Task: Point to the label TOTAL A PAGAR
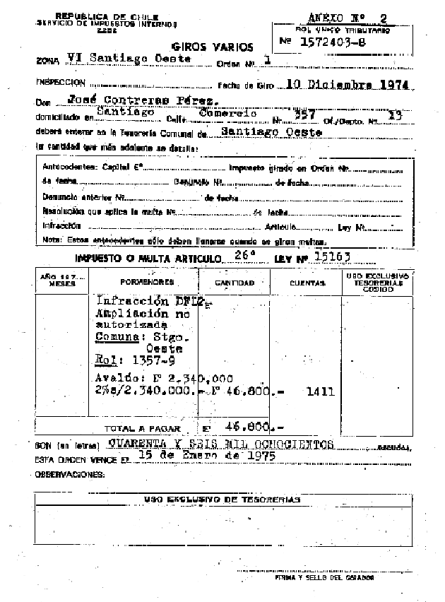click(x=142, y=428)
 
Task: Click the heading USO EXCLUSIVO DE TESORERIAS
click(x=222, y=499)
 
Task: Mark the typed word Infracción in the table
click(x=125, y=300)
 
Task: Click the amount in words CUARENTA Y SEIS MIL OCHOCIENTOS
click(x=221, y=444)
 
